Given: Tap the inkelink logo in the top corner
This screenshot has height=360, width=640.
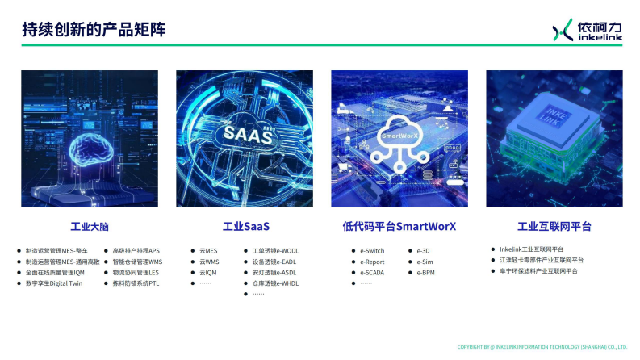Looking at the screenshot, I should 587,30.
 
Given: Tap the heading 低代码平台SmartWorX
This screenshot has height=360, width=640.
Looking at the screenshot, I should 399,227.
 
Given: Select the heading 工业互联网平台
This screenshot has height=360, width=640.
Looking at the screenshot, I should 554,227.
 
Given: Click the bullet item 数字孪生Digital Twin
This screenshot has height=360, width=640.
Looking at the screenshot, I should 54,283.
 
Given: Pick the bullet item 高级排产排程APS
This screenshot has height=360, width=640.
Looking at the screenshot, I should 136,251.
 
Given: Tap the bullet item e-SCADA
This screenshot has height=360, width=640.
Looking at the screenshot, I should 374,273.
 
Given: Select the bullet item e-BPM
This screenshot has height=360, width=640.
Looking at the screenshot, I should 426,273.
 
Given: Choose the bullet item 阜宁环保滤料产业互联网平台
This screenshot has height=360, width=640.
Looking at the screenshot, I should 538,271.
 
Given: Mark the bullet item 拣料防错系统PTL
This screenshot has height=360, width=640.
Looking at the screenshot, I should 136,283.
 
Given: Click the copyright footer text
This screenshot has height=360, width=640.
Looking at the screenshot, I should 542,347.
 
